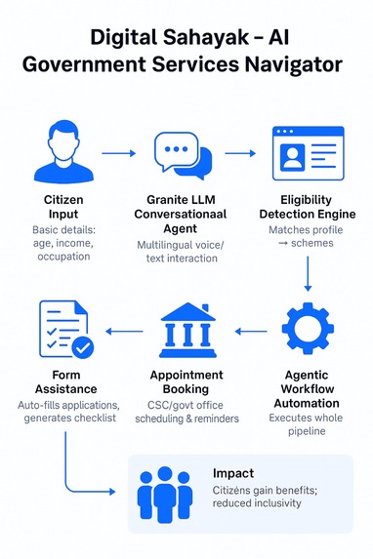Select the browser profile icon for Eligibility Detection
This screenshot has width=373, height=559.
coord(309,154)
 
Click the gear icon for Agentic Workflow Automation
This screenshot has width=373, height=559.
coord(309,332)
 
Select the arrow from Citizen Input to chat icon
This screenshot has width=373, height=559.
coord(118,153)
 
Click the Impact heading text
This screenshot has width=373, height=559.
coord(232,473)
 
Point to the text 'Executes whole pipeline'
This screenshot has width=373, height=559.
coord(308,422)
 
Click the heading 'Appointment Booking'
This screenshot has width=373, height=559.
coord(186,381)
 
